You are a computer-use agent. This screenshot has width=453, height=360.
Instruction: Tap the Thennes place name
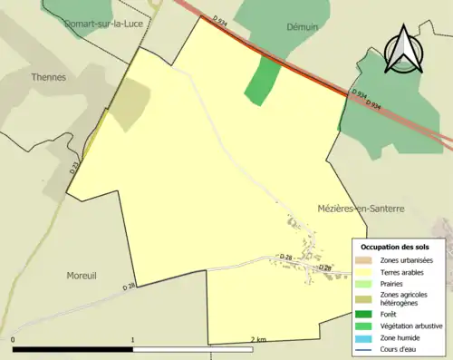(x=48, y=78)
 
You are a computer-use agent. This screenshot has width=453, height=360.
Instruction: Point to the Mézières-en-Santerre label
(x=361, y=209)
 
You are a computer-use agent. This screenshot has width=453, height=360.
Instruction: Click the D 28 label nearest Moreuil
(x=129, y=287)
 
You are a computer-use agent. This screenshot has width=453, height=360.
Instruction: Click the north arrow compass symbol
(x=400, y=48)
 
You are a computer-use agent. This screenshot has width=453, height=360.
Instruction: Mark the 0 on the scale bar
(x=14, y=340)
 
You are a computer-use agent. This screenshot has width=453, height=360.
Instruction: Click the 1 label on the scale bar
(x=133, y=340)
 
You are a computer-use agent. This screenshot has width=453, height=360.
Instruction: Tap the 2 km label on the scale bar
(x=257, y=340)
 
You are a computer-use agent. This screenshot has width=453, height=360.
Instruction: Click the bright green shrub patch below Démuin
(x=261, y=80)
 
